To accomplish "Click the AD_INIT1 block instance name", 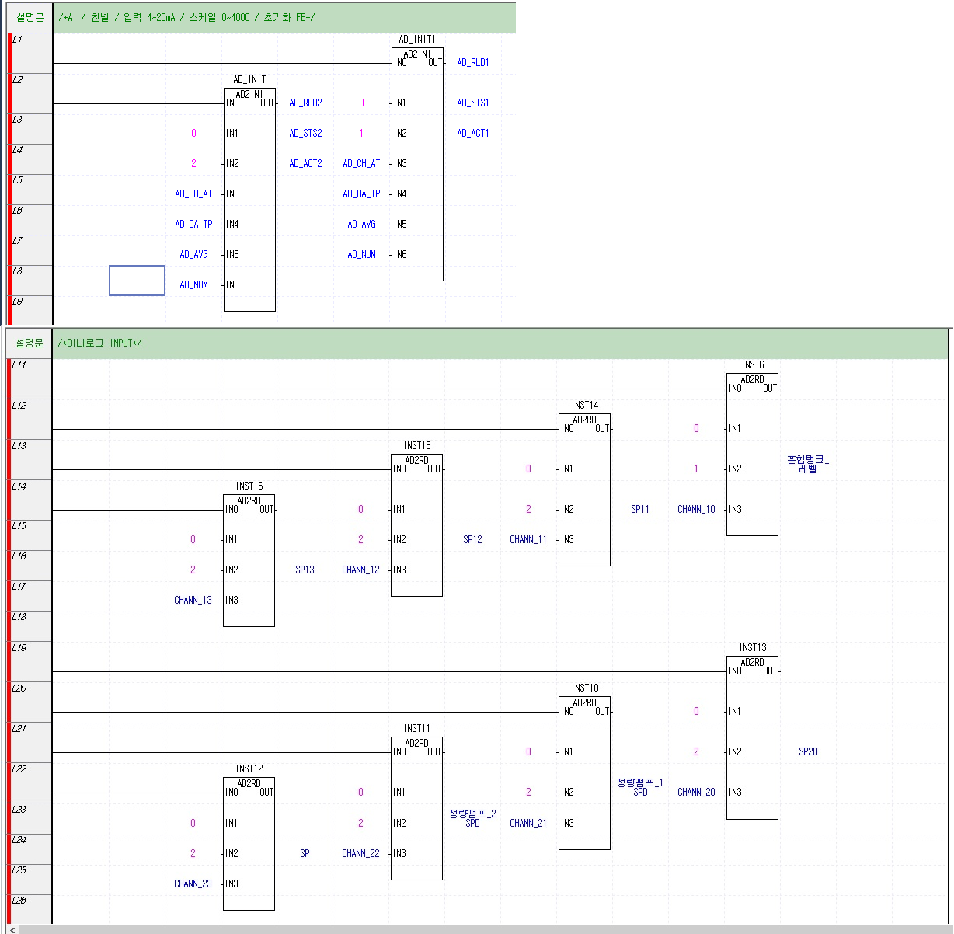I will pos(416,39).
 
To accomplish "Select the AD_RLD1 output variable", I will pos(472,63).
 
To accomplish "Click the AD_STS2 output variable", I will pos(305,134).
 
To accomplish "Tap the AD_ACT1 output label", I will pos(472,134).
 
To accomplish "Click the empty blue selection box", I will pos(137,281).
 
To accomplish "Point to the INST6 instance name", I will pos(752,364).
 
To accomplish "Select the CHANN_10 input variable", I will pos(696,510).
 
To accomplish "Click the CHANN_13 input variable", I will pos(193,601).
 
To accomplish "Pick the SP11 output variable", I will pos(640,510).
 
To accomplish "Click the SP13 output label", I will pos(305,570).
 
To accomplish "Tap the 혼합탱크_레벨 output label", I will pos(808,465).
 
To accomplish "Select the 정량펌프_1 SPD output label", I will pos(640,787).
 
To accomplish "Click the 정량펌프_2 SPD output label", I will pos(472,818).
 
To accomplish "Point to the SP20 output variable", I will pos(808,752).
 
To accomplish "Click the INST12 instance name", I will pos(249,768).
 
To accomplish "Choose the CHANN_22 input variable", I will pos(360,854).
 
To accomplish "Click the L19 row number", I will pos(19,647).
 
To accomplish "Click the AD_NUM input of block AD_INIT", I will pos(193,285).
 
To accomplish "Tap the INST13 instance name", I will pos(752,647).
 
